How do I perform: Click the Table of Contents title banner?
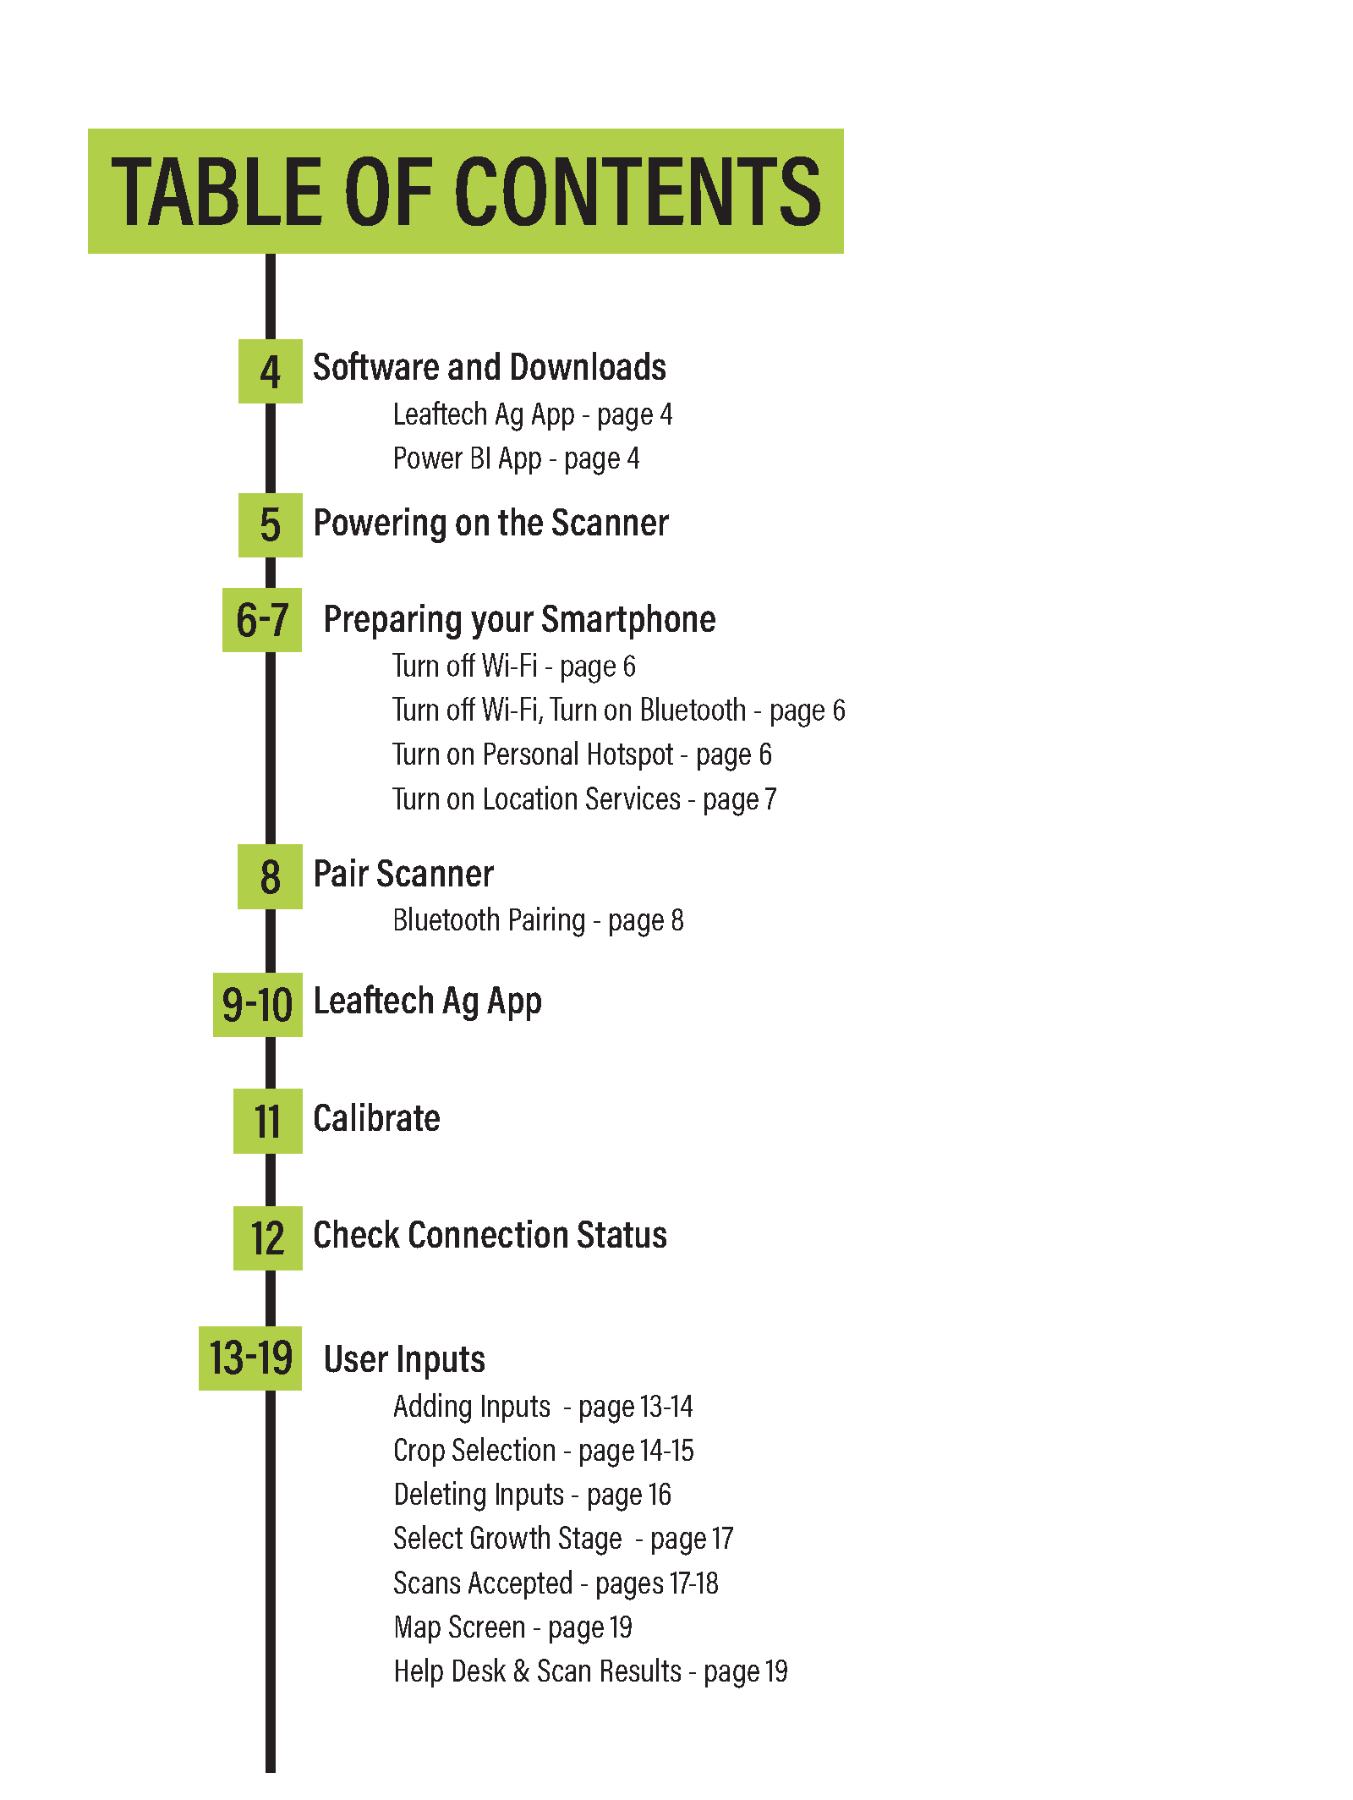click(x=465, y=191)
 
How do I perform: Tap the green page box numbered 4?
click(x=271, y=371)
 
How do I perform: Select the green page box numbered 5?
click(x=271, y=525)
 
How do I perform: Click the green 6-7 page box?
click(x=262, y=620)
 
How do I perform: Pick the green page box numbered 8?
click(x=270, y=877)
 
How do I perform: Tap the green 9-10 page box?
click(x=258, y=1005)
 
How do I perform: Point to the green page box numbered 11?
click(x=268, y=1122)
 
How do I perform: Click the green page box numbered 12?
click(x=268, y=1238)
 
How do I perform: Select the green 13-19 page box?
click(x=250, y=1358)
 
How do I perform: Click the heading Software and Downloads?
click(x=490, y=368)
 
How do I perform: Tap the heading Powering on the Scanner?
click(x=491, y=524)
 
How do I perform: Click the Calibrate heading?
click(x=377, y=1119)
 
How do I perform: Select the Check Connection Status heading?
click(x=490, y=1236)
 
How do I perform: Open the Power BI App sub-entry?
click(x=517, y=459)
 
